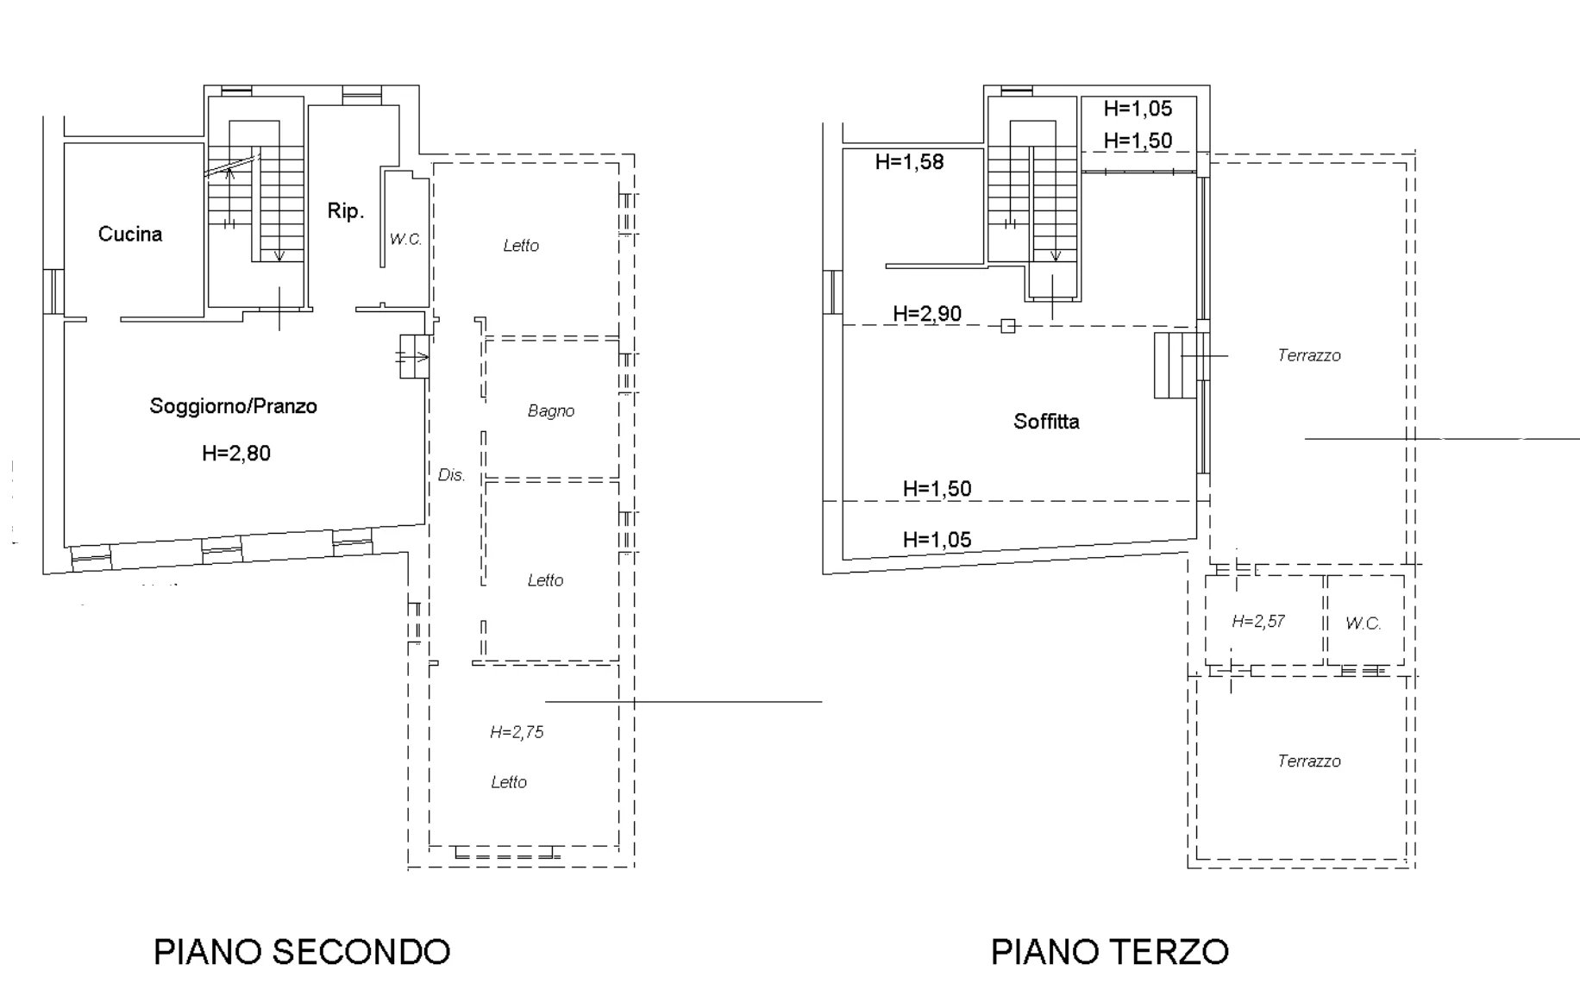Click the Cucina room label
130,234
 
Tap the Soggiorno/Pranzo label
234,406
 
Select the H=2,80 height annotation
236,453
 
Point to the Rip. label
346,210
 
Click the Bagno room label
551,411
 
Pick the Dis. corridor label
452,475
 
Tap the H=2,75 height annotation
517,732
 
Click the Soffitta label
1046,422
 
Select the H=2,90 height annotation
927,314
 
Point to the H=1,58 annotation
909,161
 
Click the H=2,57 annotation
1258,621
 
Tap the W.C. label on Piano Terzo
1364,623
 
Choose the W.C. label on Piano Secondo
405,239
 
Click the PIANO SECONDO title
302,952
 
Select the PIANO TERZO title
1110,952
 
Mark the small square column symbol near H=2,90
1007,326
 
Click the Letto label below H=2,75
509,782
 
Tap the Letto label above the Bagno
521,246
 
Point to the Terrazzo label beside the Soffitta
1309,355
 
